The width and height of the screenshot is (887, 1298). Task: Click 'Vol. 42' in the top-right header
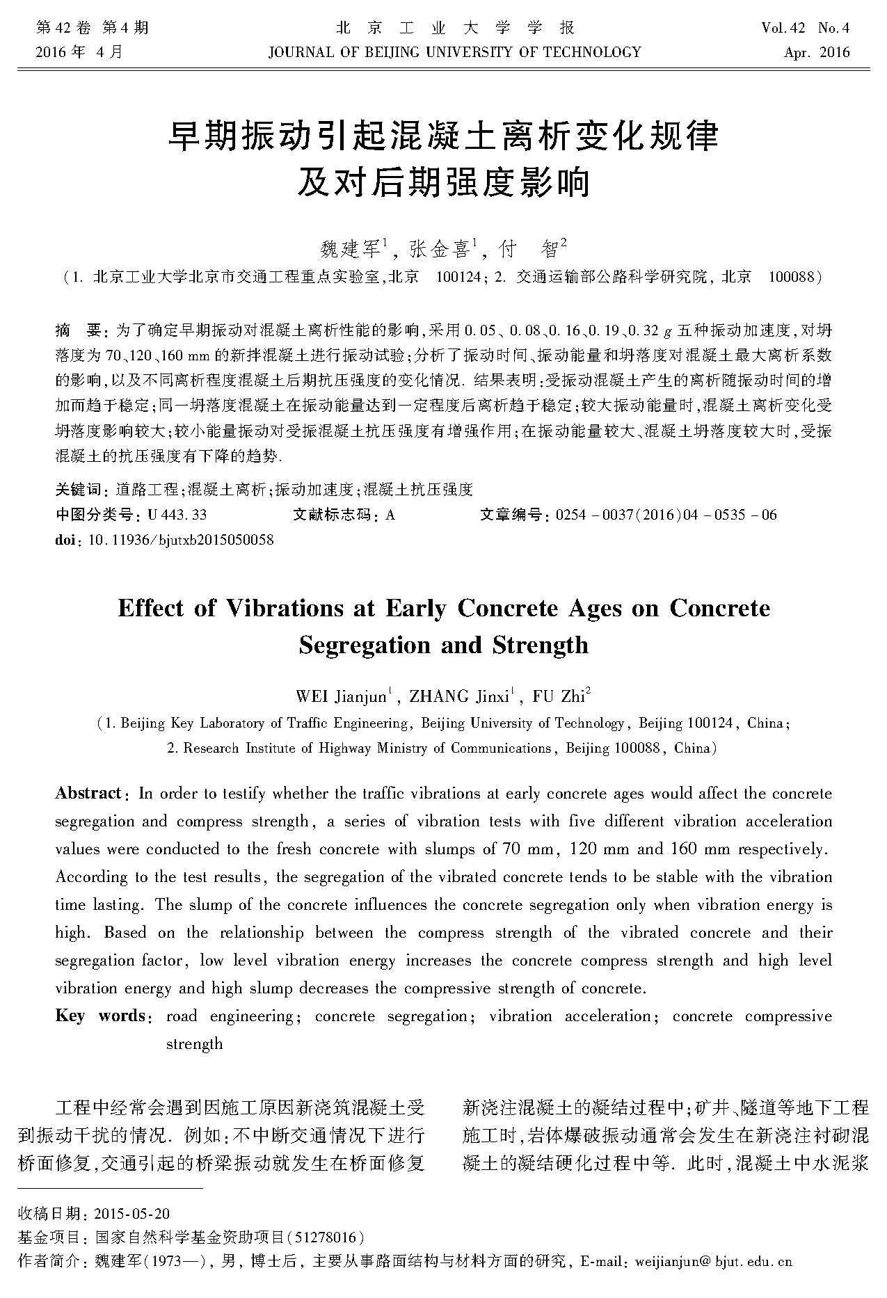(x=783, y=29)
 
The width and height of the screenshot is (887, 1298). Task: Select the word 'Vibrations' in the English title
(x=284, y=609)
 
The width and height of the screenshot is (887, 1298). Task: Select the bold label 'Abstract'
(x=88, y=794)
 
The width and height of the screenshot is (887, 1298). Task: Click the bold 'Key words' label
(x=100, y=1016)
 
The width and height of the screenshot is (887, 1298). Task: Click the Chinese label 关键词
(x=78, y=490)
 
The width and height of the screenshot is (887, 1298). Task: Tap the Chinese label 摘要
(x=77, y=329)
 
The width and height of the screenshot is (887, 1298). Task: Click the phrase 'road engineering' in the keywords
(x=230, y=1016)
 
